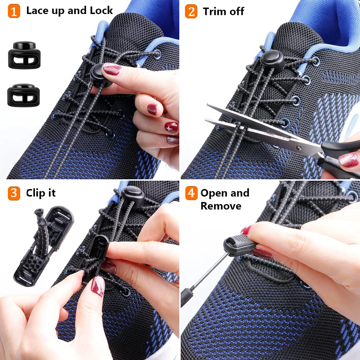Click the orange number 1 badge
tap(14, 11)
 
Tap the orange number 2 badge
tap(191, 11)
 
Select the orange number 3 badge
tap(14, 193)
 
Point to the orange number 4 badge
tap(191, 193)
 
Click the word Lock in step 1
tap(101, 10)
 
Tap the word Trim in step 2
tap(215, 12)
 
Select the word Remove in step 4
tap(221, 206)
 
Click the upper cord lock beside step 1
tap(24, 55)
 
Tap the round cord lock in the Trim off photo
tap(272, 59)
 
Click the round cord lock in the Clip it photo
tap(132, 196)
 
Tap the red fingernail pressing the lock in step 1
tap(112, 68)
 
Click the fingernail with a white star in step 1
tap(171, 127)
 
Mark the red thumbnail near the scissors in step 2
tap(348, 159)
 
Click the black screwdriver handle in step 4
tap(186, 296)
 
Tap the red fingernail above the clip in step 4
tap(247, 230)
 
